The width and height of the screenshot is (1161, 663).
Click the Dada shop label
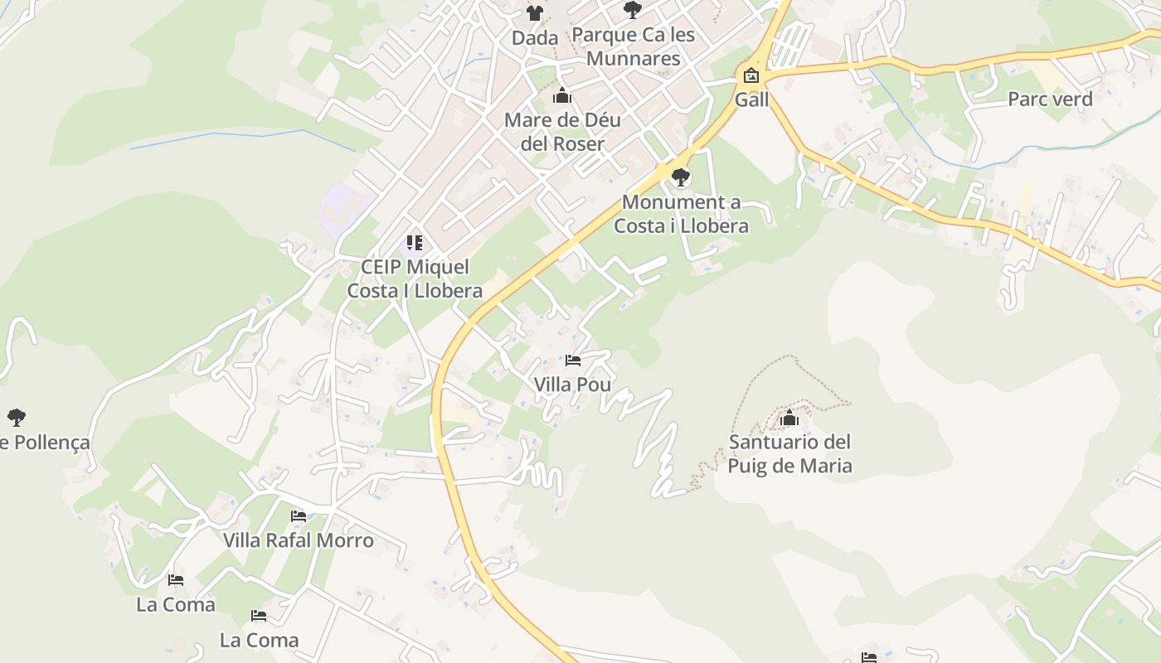(x=534, y=38)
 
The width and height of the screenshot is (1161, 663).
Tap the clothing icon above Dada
(x=535, y=12)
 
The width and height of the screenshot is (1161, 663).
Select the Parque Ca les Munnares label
(x=633, y=46)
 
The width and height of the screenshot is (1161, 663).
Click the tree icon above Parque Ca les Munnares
(x=633, y=10)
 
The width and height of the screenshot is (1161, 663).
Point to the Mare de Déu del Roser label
(x=562, y=132)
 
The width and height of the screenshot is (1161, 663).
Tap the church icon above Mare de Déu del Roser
(x=562, y=96)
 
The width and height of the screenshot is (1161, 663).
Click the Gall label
(x=751, y=100)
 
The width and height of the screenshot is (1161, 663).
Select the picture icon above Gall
(x=751, y=76)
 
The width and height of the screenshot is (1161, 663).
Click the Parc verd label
(x=1050, y=99)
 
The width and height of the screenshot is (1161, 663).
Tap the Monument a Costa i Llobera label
(x=681, y=214)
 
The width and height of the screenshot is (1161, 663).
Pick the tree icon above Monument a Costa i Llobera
(x=681, y=177)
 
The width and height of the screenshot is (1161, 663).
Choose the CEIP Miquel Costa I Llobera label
(x=415, y=278)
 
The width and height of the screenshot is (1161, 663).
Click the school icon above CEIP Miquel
(x=415, y=243)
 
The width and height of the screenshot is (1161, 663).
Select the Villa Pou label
(x=572, y=385)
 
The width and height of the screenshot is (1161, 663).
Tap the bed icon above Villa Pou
(x=572, y=361)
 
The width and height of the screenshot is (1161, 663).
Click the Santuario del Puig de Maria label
(x=789, y=453)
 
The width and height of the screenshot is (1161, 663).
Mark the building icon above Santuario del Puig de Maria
(x=789, y=419)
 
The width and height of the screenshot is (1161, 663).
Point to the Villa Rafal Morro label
(x=299, y=541)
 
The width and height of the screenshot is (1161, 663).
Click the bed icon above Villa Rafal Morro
(x=299, y=516)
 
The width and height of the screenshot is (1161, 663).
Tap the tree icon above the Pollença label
(x=16, y=417)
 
